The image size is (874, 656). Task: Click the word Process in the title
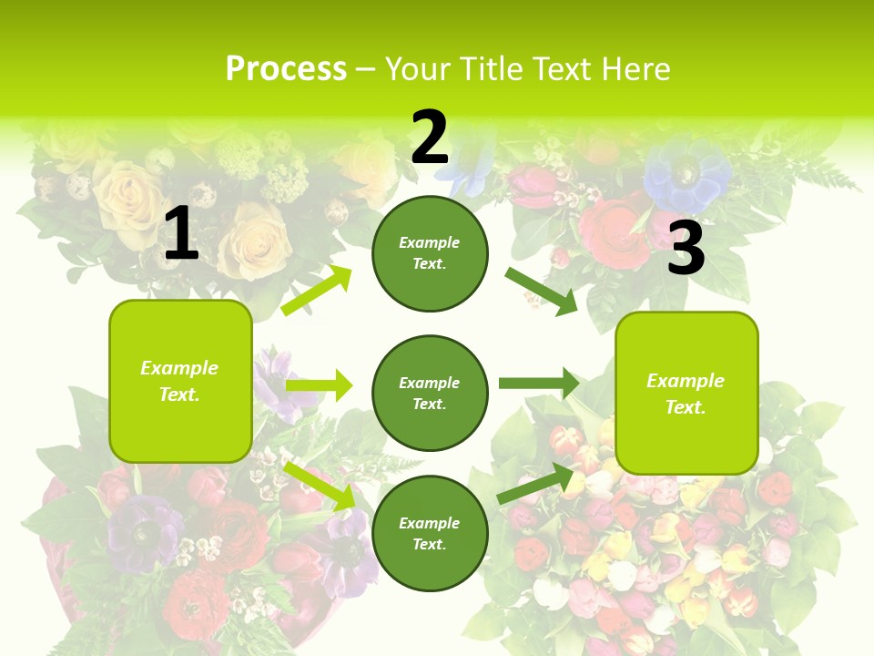(286, 69)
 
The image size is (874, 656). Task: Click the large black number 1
(181, 233)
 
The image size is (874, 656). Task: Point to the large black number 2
(430, 138)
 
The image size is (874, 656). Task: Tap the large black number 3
(686, 249)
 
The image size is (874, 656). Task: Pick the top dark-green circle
(430, 253)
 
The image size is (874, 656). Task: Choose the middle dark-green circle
(430, 393)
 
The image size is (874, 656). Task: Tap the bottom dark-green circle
(430, 533)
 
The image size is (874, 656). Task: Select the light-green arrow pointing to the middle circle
(319, 385)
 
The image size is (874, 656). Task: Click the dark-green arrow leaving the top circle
(542, 291)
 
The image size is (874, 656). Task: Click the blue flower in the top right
(687, 178)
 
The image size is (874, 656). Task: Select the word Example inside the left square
(179, 368)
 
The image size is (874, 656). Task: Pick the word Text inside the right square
(685, 407)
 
